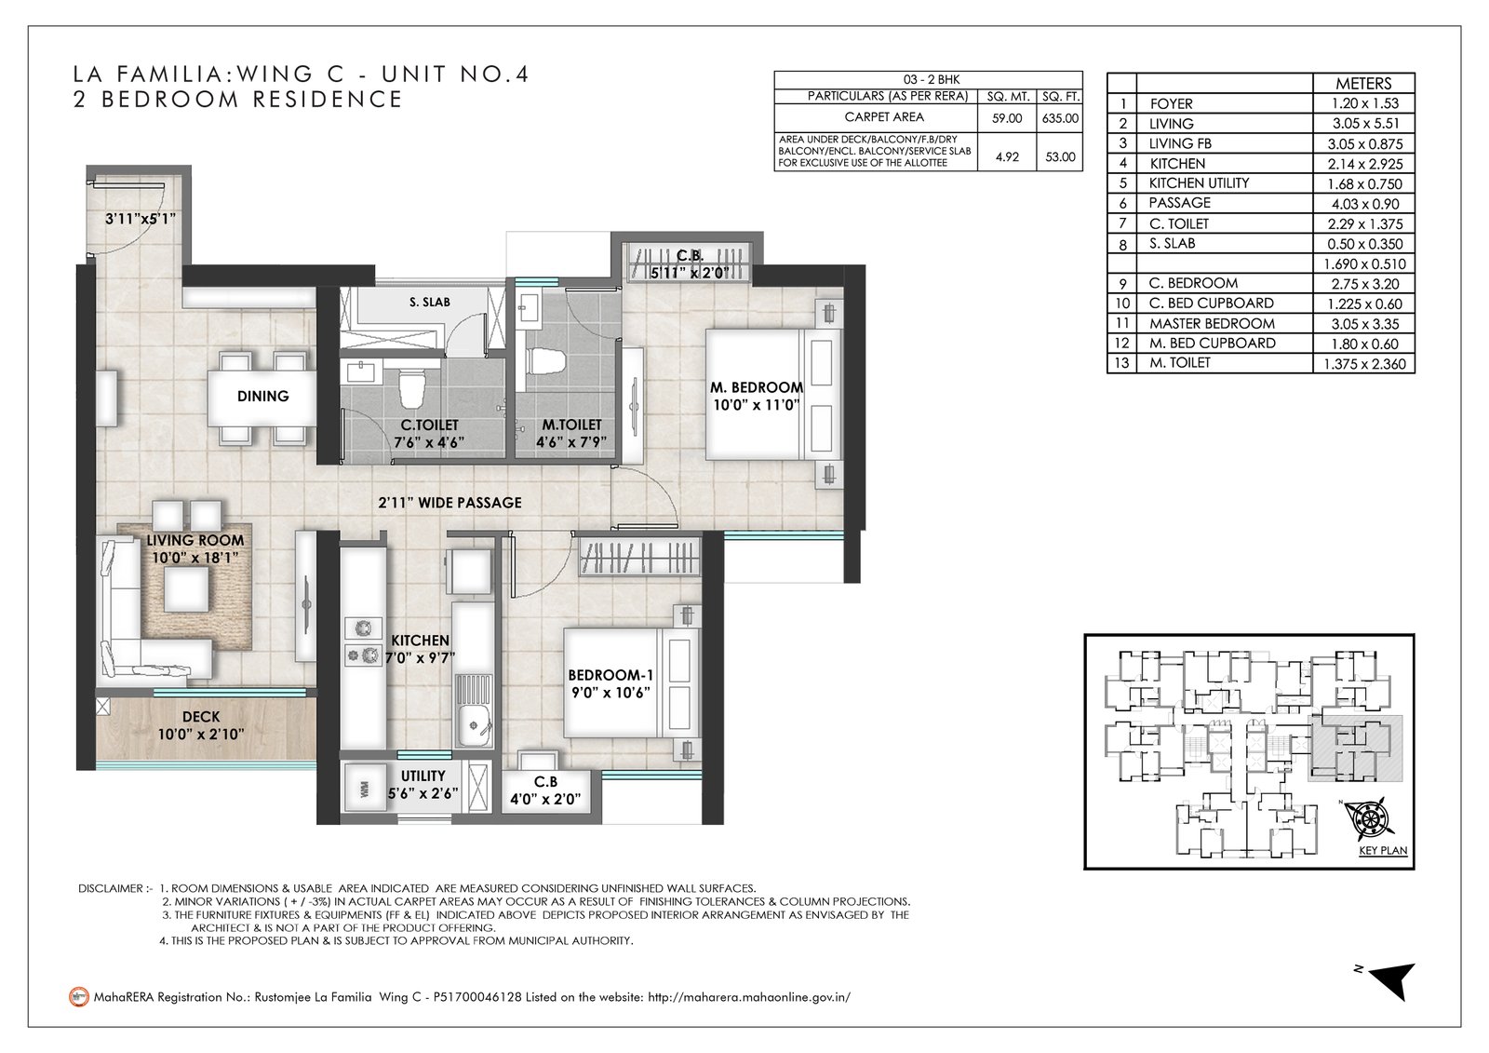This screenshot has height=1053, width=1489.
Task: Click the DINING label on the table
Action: click(x=263, y=397)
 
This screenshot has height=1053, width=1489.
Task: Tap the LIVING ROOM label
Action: click(x=195, y=541)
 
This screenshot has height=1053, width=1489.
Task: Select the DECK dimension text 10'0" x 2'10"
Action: click(x=201, y=735)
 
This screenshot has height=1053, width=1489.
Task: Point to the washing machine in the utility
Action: click(x=364, y=790)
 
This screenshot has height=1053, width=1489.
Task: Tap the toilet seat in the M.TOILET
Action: click(x=546, y=360)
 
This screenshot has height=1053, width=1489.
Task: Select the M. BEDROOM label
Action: click(x=757, y=388)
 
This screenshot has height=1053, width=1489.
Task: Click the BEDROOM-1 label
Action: click(x=610, y=676)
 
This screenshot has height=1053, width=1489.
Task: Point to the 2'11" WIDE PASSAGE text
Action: click(x=450, y=503)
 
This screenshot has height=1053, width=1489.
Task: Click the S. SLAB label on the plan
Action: click(x=429, y=302)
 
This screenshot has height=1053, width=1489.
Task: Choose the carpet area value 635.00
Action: click(x=1060, y=118)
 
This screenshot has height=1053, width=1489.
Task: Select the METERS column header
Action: click(x=1363, y=84)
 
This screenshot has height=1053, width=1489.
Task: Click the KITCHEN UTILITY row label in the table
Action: click(x=1200, y=182)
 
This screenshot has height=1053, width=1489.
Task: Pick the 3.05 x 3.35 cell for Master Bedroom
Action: click(x=1365, y=324)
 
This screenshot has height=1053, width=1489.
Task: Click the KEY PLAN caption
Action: click(x=1383, y=850)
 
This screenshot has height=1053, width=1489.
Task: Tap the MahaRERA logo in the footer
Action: click(x=79, y=997)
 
